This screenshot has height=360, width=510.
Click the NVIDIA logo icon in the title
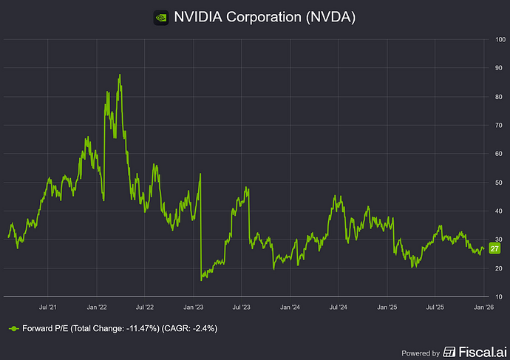pos(159,16)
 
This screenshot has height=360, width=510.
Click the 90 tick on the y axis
pos(499,68)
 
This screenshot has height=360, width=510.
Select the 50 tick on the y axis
pos(499,183)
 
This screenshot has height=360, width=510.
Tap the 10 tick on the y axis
pos(499,297)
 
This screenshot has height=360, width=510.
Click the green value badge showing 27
pos(495,248)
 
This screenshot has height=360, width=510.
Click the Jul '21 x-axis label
pos(49,305)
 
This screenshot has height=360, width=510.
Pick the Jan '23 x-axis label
pos(194,305)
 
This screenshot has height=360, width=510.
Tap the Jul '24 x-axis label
pos(339,305)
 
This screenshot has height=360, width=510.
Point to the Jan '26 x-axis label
pos(483,305)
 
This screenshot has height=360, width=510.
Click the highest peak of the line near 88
pos(119,75)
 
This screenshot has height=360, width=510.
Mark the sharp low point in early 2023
pos(202,279)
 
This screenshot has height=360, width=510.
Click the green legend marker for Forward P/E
pos(13,327)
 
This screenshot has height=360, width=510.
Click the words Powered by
pos(420,353)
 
